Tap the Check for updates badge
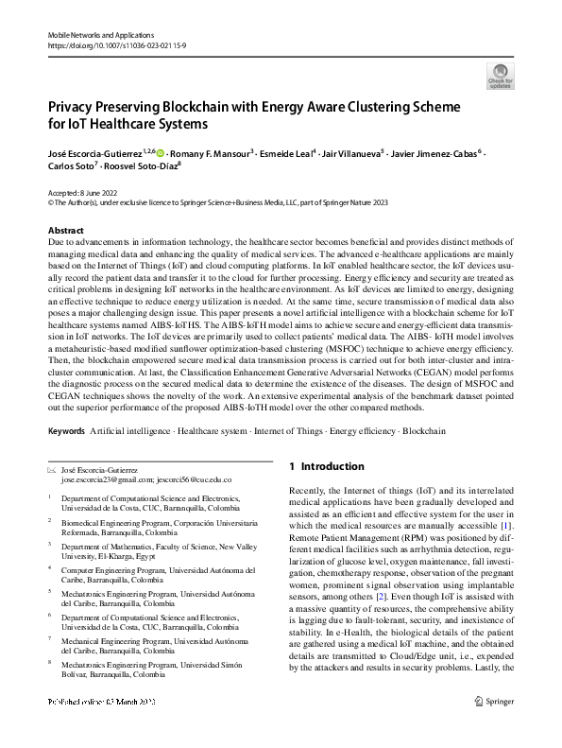click(x=500, y=76)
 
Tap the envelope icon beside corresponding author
click(x=51, y=470)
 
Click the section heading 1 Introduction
click(x=326, y=467)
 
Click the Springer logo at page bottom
click(x=495, y=727)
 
